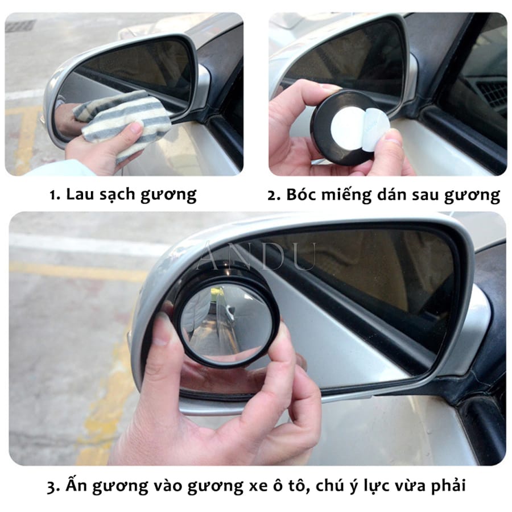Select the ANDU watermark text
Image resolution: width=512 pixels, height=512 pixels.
pyautogui.click(x=257, y=257)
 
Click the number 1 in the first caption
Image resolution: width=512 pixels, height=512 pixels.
pyautogui.click(x=53, y=195)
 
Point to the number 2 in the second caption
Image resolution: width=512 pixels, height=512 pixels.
pyautogui.click(x=273, y=195)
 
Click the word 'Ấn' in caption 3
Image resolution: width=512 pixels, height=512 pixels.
pyautogui.click(x=73, y=485)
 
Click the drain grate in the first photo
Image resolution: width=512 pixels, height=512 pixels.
pyautogui.click(x=20, y=25)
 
